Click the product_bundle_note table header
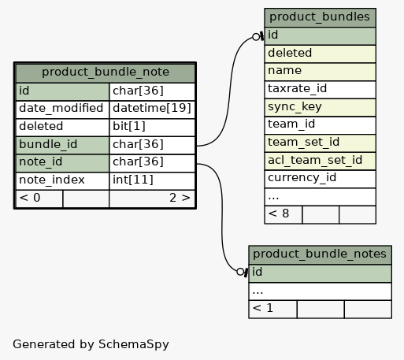106,72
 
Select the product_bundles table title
320,17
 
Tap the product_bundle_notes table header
320,254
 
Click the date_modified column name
61,108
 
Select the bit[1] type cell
152,127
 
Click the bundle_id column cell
62,145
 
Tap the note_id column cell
62,163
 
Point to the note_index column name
52,180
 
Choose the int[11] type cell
152,181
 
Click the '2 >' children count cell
152,199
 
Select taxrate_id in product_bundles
320,90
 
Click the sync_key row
320,107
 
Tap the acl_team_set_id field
320,161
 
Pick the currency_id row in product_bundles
320,179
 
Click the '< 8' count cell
284,214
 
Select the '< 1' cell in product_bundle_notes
272,309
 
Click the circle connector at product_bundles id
256,37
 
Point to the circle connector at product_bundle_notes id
240,272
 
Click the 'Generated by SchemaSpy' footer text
91,344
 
